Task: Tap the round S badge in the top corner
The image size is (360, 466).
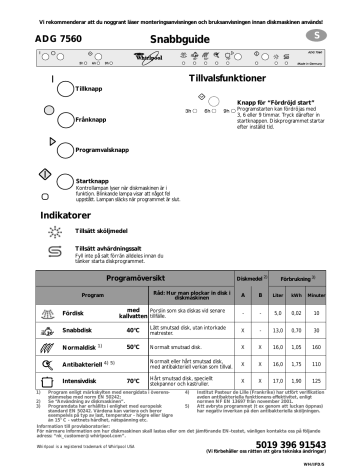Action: click(x=336, y=36)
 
